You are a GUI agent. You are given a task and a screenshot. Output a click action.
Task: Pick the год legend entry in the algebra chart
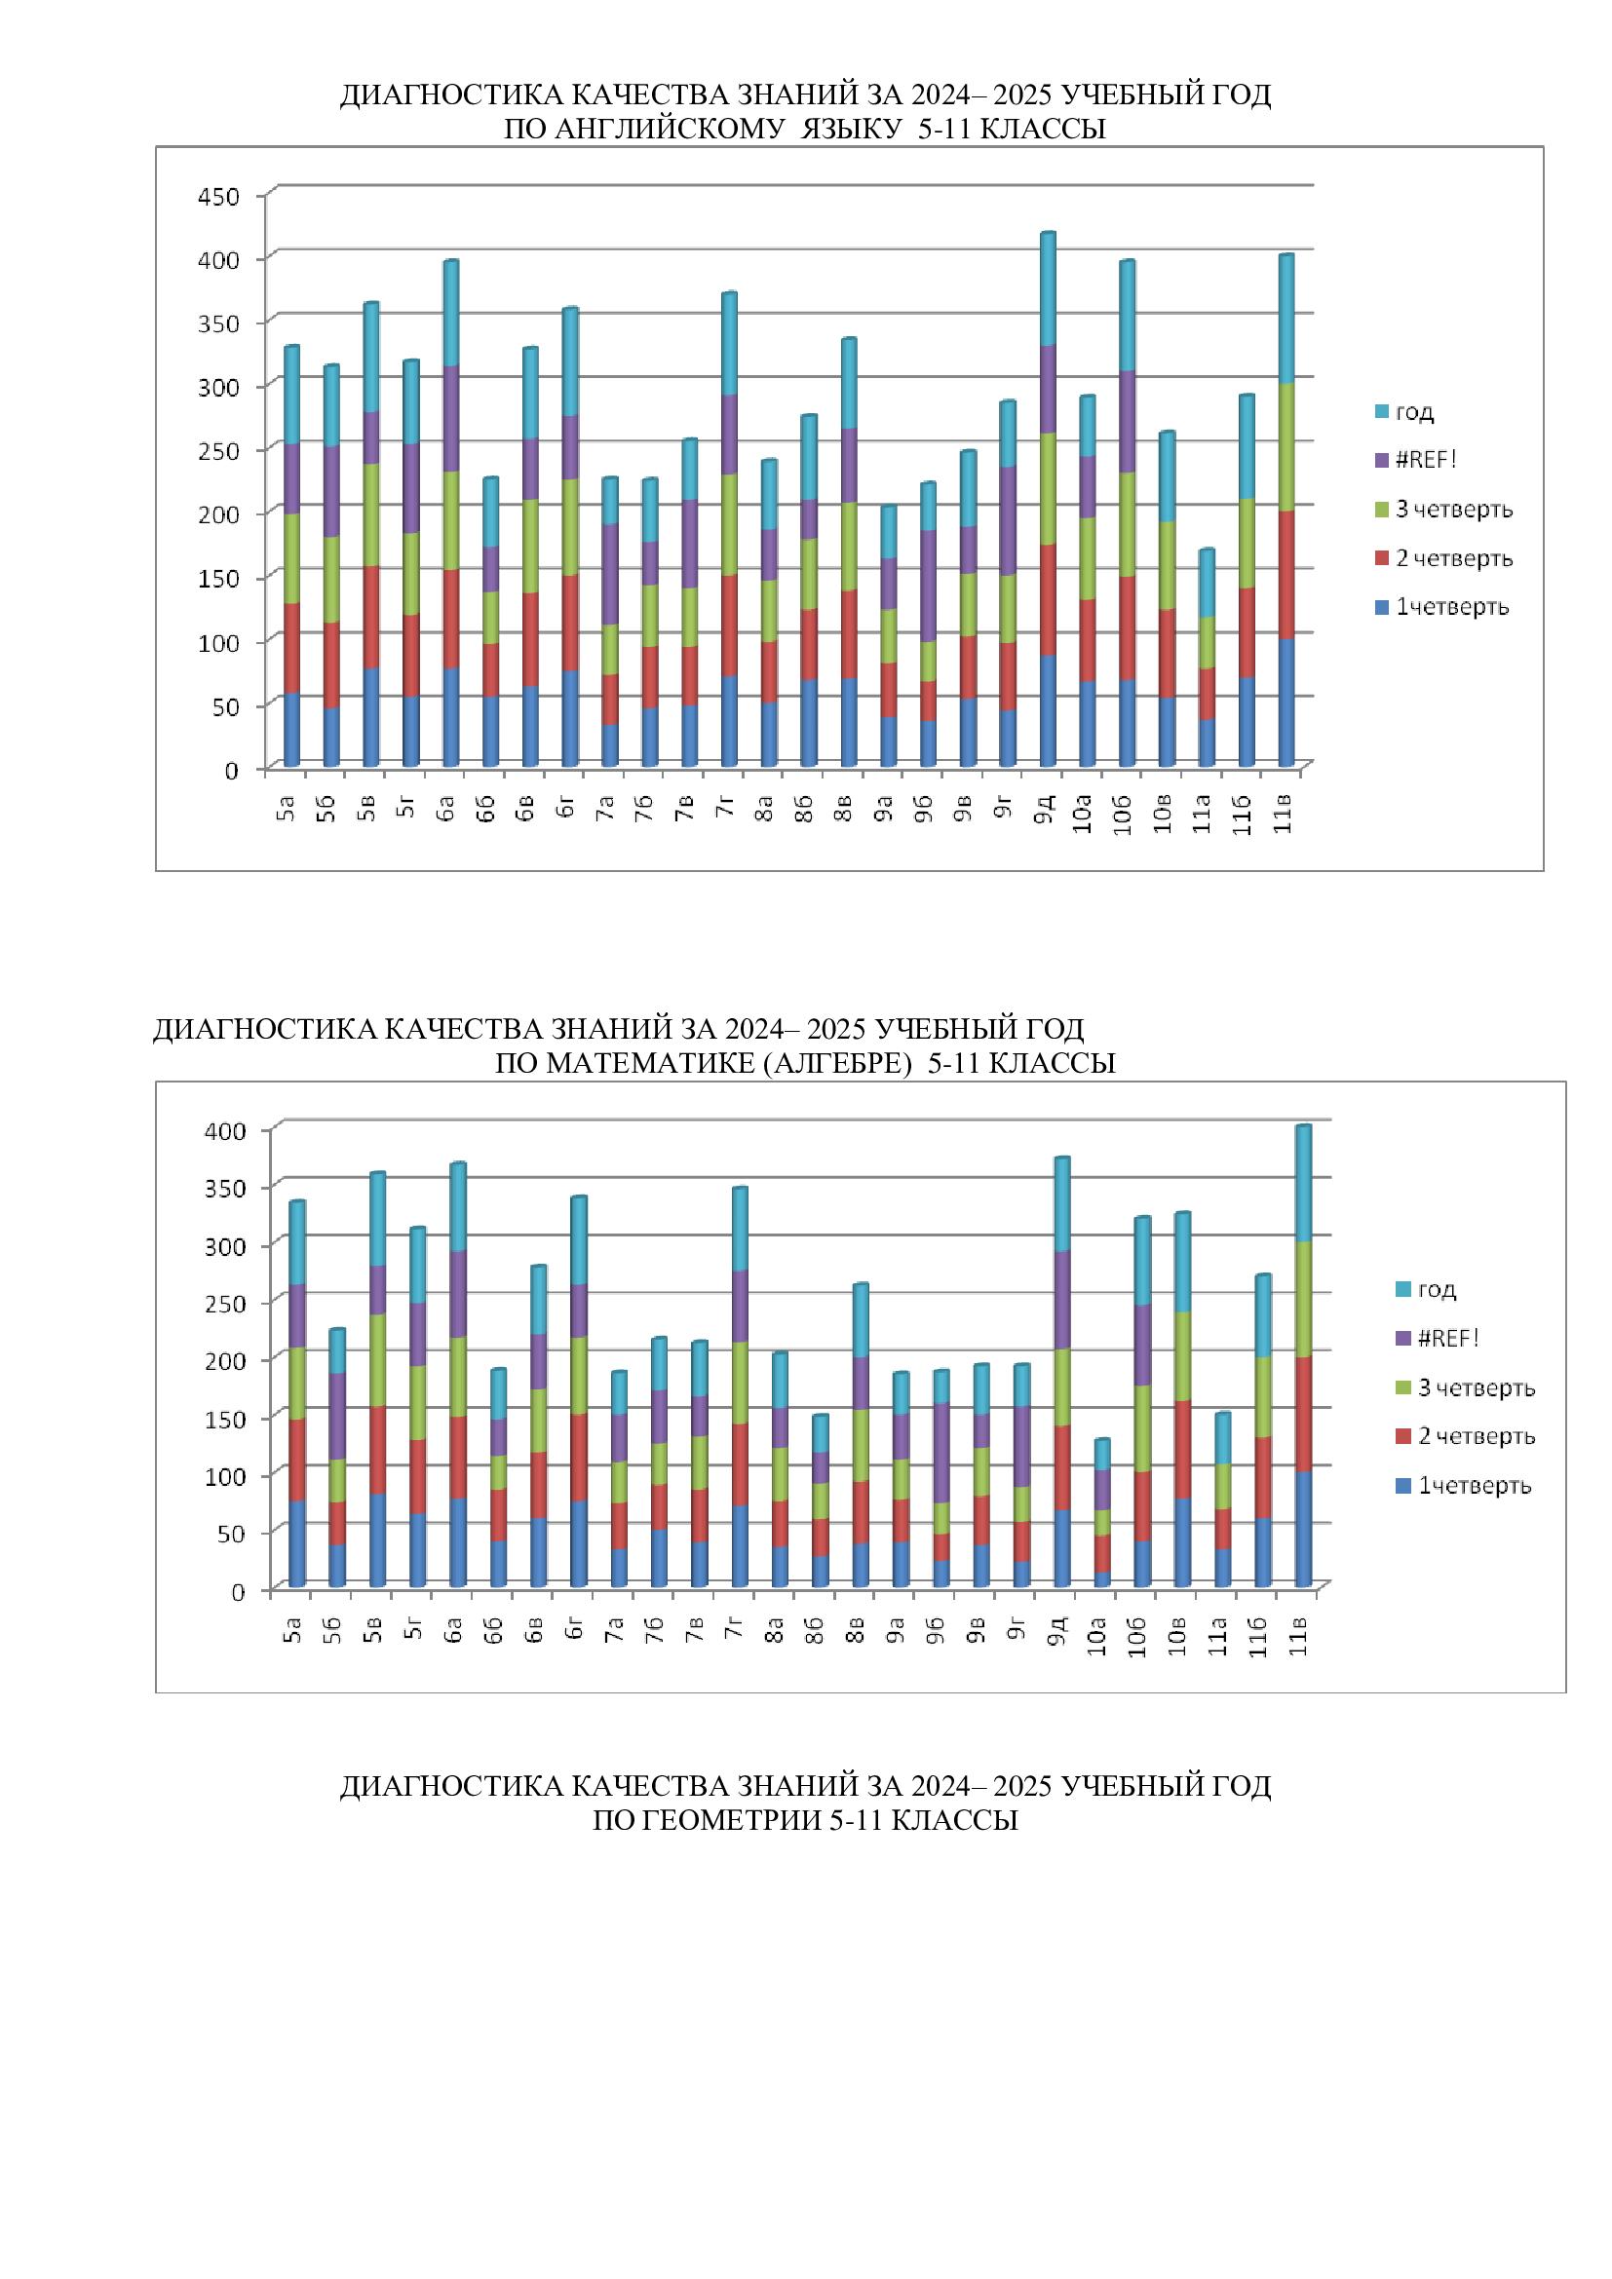point(1436,1289)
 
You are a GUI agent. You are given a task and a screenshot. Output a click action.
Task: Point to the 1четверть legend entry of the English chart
point(1451,607)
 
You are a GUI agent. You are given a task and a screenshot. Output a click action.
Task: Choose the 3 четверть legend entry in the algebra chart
point(1475,1387)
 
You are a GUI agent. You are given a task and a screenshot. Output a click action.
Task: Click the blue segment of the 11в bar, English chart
point(1286,703)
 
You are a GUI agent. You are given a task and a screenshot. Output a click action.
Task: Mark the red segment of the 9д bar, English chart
point(1047,600)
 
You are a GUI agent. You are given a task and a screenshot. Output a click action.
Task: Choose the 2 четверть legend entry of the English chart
point(1453,559)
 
